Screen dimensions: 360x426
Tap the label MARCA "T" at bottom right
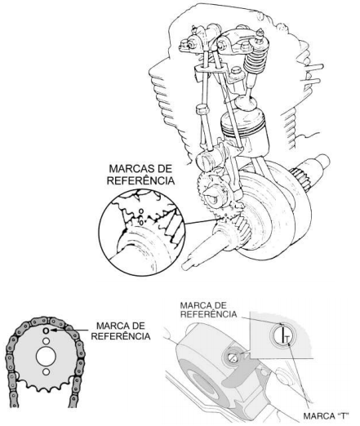coord(326,416)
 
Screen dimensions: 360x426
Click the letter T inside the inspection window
coord(287,339)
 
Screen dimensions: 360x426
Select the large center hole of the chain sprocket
coord(46,356)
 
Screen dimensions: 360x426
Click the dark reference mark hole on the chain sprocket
coord(46,331)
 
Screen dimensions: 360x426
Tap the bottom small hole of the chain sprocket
coord(46,371)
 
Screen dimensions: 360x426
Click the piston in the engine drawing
coord(244,128)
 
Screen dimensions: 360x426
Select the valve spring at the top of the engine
coord(255,61)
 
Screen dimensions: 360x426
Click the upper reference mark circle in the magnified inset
coord(141,211)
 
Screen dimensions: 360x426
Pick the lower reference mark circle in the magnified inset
coord(141,223)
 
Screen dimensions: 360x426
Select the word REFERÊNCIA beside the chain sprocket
coord(121,336)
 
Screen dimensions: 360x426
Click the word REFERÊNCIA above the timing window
coord(208,314)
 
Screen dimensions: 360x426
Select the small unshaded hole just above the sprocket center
coord(46,341)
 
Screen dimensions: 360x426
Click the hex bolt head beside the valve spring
coord(236,72)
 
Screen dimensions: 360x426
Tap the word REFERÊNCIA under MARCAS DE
coord(140,180)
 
